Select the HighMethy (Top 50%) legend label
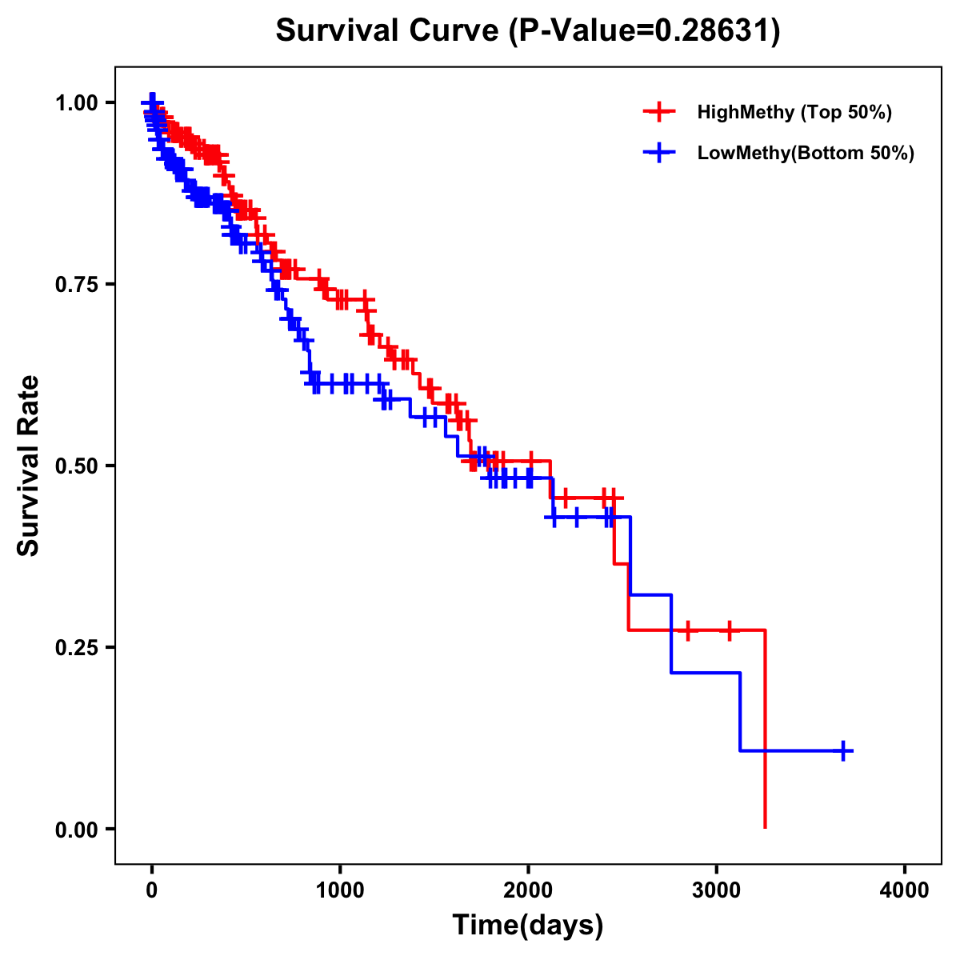point(794,112)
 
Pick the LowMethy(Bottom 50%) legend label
point(806,153)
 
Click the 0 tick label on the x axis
point(152,890)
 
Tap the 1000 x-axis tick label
point(340,890)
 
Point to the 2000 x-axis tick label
point(528,890)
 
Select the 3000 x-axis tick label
point(717,890)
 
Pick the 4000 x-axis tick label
point(905,890)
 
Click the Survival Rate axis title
point(29,466)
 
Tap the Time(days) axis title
point(528,926)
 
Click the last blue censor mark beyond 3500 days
point(843,750)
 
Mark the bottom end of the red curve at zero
point(766,826)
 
